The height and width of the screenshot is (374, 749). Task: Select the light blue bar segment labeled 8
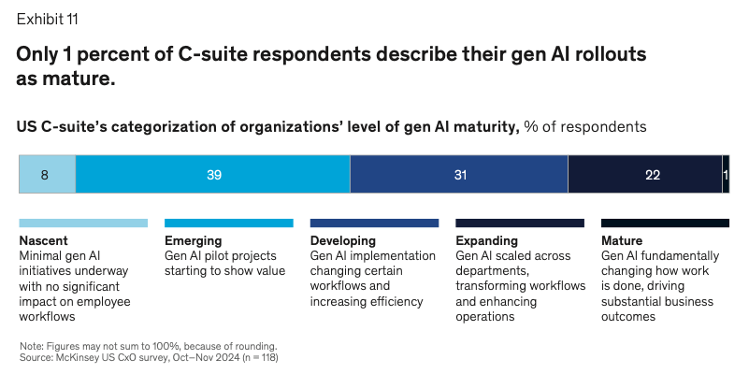[47, 175]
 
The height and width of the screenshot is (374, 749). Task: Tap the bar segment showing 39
[212, 175]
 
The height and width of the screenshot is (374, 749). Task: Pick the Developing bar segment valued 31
[458, 175]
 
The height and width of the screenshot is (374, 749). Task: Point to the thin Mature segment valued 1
[726, 175]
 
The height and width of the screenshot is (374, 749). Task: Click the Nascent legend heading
[43, 240]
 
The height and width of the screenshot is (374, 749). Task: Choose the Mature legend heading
[622, 240]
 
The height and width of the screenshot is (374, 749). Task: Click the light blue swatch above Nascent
[83, 223]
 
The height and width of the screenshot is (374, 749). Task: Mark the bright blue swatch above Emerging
[228, 223]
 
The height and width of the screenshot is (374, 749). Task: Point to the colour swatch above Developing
[374, 223]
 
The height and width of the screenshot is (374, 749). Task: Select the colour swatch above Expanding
[520, 223]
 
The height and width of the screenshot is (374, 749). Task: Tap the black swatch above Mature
[665, 223]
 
